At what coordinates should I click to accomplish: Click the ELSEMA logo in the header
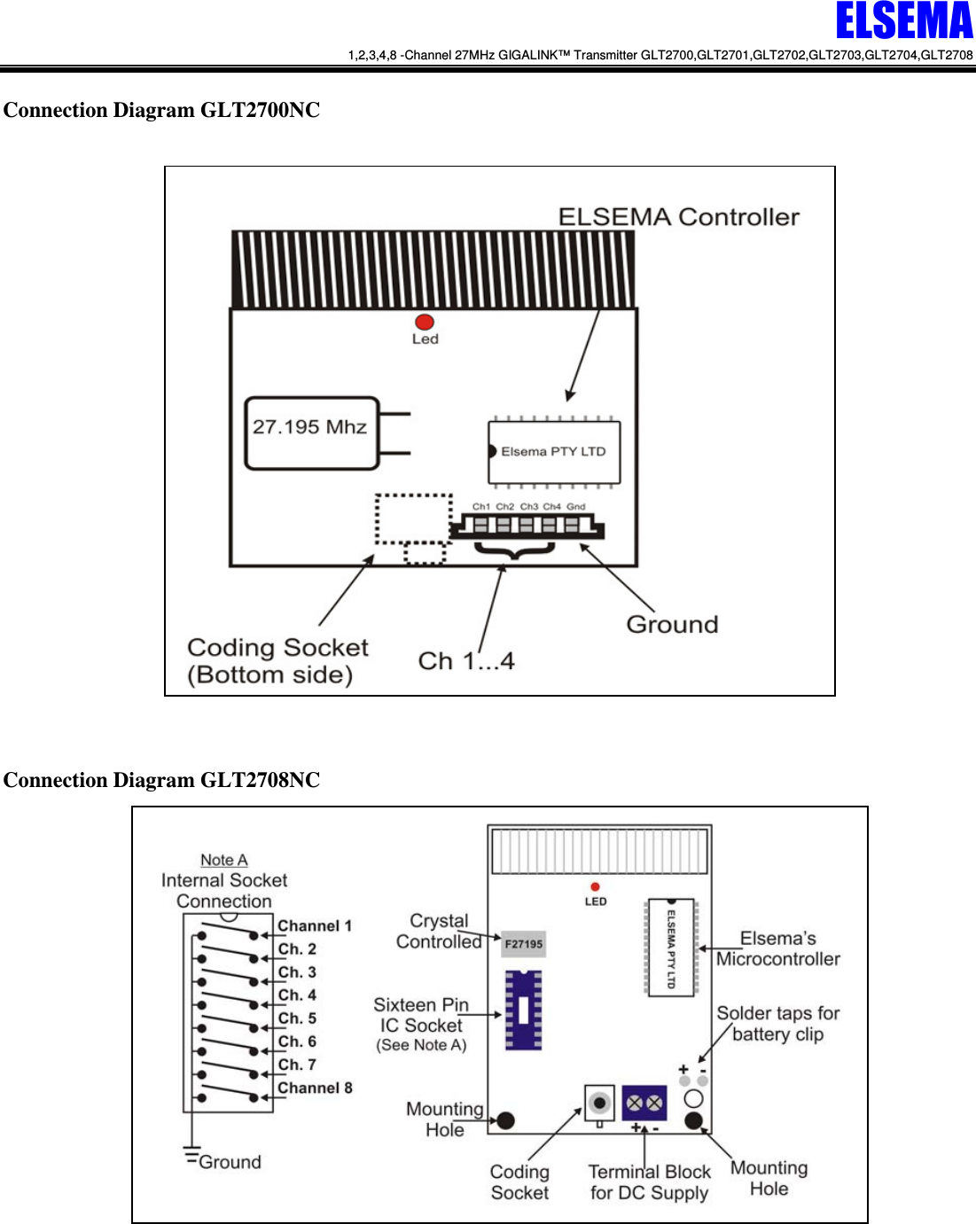[x=903, y=21]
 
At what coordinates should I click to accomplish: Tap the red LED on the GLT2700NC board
[x=425, y=322]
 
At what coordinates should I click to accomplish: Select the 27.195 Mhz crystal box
[x=311, y=433]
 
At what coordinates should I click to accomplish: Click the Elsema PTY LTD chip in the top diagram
[x=554, y=452]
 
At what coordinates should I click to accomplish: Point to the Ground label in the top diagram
[x=672, y=625]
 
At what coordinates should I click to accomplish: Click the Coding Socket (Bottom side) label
[x=277, y=661]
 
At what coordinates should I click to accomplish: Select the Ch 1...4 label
[x=465, y=661]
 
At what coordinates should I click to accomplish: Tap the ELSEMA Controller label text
[x=678, y=217]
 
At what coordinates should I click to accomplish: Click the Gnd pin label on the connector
[x=576, y=507]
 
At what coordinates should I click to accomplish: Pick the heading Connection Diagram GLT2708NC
[x=161, y=780]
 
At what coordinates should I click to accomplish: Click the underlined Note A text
[x=223, y=860]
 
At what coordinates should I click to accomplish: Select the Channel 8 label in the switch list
[x=315, y=1088]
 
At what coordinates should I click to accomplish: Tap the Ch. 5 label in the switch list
[x=297, y=1018]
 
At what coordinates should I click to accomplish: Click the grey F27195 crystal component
[x=523, y=944]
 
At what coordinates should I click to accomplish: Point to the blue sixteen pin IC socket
[x=523, y=1010]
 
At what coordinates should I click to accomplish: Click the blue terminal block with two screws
[x=644, y=1103]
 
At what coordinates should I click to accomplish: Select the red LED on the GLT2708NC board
[x=595, y=886]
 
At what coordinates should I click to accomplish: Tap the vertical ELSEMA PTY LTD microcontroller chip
[x=671, y=948]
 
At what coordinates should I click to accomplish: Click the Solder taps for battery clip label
[x=777, y=1024]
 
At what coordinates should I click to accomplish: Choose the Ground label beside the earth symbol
[x=230, y=1162]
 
